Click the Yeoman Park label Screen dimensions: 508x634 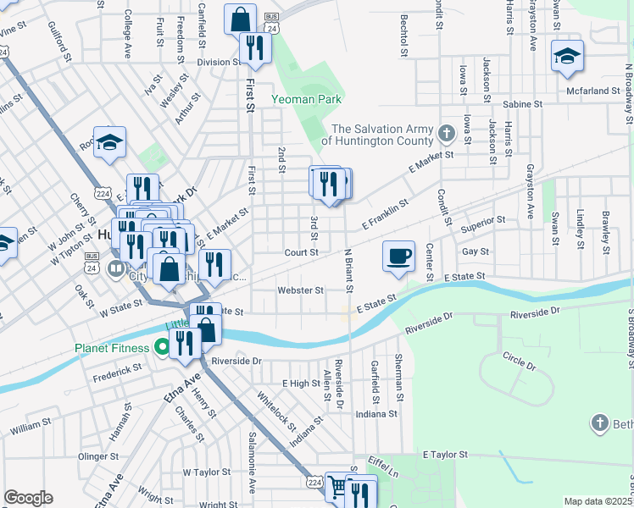point(306,99)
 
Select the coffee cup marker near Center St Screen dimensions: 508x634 point(398,255)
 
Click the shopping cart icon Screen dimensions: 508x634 point(337,488)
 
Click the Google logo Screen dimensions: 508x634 point(28,498)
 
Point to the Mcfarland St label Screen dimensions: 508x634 point(594,91)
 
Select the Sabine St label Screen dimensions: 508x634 point(522,103)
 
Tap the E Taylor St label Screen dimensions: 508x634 point(446,455)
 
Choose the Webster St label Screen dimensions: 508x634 point(301,290)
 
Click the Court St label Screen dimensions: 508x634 point(301,252)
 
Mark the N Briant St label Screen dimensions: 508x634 point(348,271)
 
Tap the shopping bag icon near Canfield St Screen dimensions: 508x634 point(241,19)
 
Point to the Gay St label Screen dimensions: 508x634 point(475,251)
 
